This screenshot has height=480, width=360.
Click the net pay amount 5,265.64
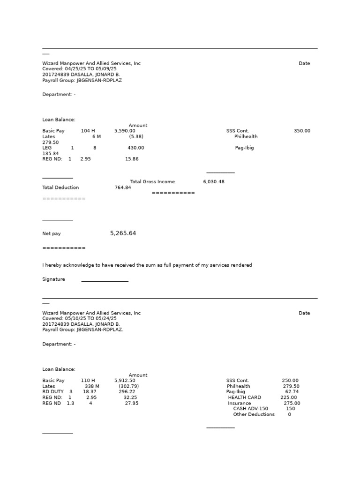(x=123, y=233)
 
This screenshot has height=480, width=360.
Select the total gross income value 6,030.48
(x=214, y=181)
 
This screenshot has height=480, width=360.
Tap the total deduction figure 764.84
(x=123, y=187)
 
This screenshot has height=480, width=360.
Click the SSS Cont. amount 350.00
(x=302, y=131)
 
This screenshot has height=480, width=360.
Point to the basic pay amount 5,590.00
(x=125, y=131)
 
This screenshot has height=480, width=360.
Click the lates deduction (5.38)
(x=136, y=136)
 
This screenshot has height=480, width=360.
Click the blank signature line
(x=105, y=280)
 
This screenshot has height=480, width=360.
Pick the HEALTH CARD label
(x=244, y=397)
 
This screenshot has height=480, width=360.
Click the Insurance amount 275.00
(x=292, y=403)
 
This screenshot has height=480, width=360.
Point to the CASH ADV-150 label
(x=250, y=409)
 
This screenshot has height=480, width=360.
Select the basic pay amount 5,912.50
(x=125, y=381)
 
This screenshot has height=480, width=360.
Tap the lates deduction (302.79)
(x=128, y=386)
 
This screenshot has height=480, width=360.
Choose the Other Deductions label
(x=254, y=414)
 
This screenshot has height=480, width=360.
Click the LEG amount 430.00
(x=136, y=148)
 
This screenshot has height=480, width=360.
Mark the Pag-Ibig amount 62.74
(x=292, y=392)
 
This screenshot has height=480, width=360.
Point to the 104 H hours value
(x=88, y=131)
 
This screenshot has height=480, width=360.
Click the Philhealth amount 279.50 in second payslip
(x=291, y=386)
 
